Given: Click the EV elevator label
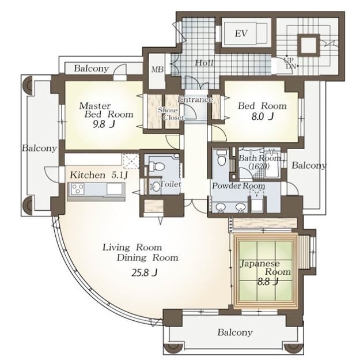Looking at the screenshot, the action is (x=241, y=33).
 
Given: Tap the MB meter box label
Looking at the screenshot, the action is (x=157, y=70).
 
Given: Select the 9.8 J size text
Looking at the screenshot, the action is (x=104, y=125).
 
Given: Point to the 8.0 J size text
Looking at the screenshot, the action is (x=263, y=116).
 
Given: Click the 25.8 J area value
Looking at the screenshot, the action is (x=145, y=273).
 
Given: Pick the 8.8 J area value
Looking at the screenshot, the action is (x=268, y=282).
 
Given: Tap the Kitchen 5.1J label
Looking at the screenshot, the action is (x=99, y=175).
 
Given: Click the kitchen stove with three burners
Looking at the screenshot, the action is (x=78, y=188).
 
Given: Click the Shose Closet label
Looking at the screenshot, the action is (x=171, y=114).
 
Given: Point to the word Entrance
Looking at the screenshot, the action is (x=195, y=100).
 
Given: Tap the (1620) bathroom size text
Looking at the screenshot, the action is (x=259, y=166).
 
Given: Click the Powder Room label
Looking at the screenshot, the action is (x=238, y=186).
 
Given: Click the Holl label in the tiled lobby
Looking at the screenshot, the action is (x=204, y=63).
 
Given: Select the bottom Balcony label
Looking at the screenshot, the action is (x=235, y=332).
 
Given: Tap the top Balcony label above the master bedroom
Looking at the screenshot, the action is (x=91, y=69).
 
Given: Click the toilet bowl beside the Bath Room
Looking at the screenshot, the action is (x=221, y=158).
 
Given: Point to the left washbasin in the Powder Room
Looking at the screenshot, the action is (x=219, y=207).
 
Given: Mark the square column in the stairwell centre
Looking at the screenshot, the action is (x=309, y=45).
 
